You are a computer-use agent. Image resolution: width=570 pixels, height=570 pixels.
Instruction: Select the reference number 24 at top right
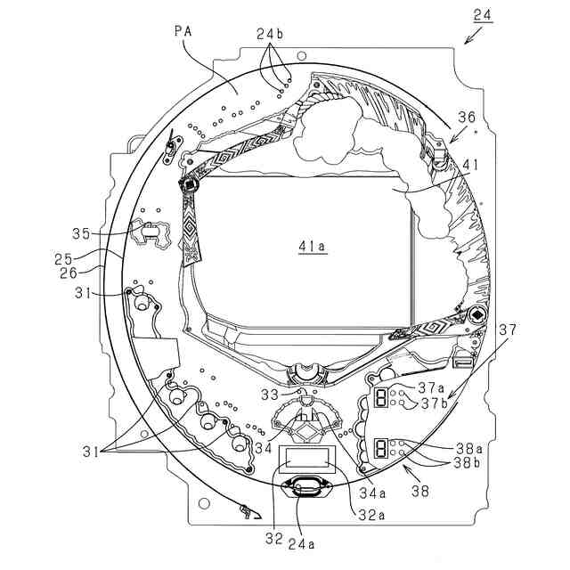coord(483,15)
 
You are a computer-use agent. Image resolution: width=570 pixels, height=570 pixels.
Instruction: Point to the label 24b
coord(270,35)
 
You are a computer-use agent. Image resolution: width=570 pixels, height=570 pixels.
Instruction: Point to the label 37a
coord(433,387)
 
